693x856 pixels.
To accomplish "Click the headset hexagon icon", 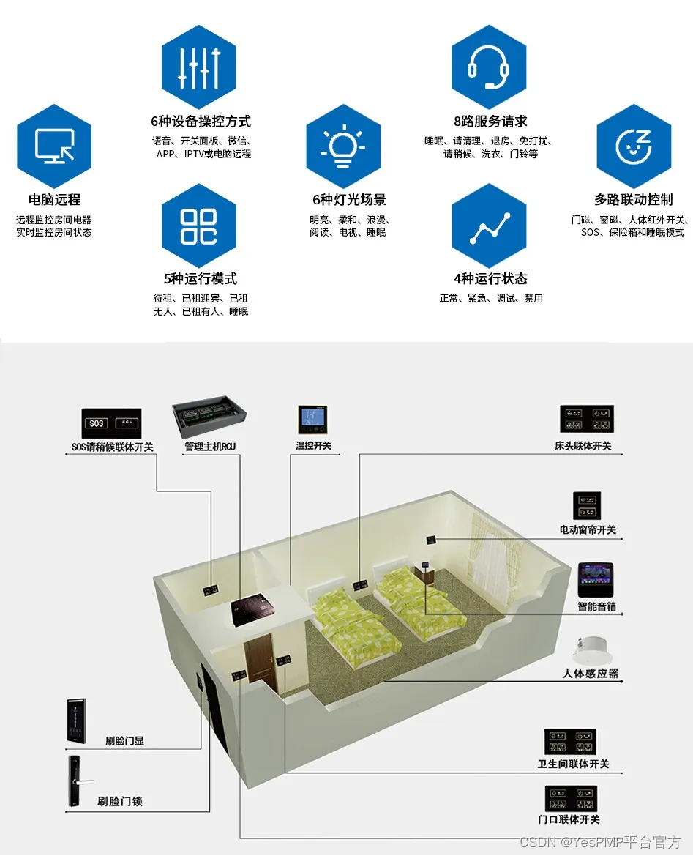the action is [489, 67].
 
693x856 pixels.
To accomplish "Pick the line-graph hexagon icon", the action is [489, 226].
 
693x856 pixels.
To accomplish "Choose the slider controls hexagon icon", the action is [199, 67].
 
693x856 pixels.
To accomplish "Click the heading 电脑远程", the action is [54, 199].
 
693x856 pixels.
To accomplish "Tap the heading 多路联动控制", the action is [634, 199].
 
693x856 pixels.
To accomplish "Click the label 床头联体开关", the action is [583, 445].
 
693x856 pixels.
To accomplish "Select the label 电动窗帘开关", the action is [588, 529].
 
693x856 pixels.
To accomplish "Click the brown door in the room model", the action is [261, 663].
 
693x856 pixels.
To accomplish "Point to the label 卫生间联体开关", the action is [573, 764].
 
